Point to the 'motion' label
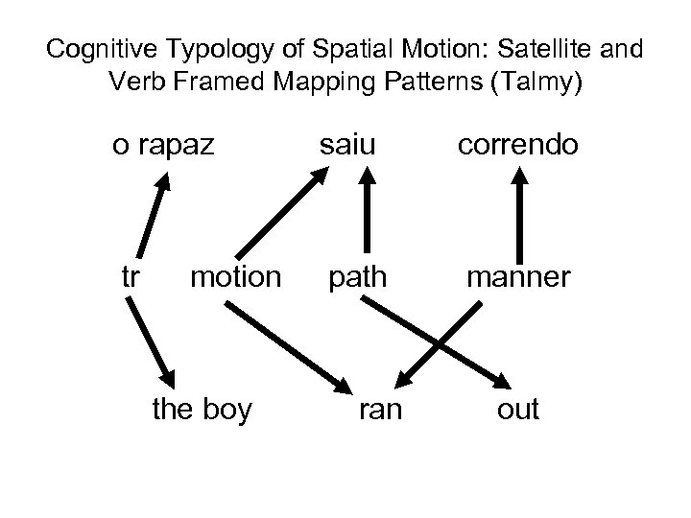(235, 277)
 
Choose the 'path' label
(358, 277)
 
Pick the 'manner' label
(518, 277)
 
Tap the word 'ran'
(381, 410)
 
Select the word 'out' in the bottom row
(518, 410)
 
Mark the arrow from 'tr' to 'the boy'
(154, 341)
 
